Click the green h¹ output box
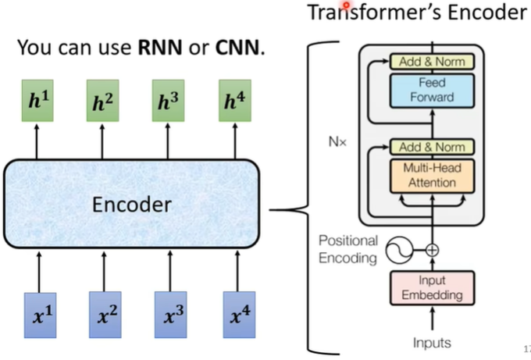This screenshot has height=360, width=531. [37, 101]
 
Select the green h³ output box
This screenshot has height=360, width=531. [169, 101]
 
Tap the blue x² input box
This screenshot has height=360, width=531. [105, 315]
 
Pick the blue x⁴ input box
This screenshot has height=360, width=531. [239, 315]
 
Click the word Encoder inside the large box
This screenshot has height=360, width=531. [132, 205]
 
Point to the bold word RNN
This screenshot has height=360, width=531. [160, 48]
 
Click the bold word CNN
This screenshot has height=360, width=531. [237, 48]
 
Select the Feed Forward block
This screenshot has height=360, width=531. [432, 91]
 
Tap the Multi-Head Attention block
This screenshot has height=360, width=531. [432, 176]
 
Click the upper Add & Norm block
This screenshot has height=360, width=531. [432, 62]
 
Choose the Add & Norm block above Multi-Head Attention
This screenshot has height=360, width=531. [432, 147]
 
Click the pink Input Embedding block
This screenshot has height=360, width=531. [432, 288]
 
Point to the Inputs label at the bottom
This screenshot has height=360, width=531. [432, 343]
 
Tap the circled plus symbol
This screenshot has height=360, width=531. [432, 250]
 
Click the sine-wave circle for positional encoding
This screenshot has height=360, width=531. [399, 250]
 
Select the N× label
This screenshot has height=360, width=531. [337, 141]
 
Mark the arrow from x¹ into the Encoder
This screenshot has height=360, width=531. [39, 272]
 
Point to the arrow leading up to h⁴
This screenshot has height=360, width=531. [235, 141]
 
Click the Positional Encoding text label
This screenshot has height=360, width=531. [348, 249]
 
